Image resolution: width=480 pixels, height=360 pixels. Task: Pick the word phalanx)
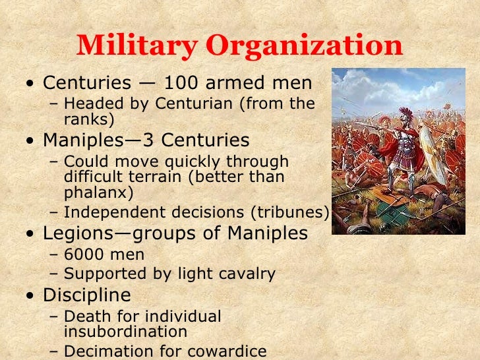point(98,194)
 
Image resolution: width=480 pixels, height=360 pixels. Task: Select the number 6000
point(89,255)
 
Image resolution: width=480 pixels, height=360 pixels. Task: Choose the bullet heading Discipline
point(86,295)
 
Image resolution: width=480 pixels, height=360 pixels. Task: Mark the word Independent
point(107,212)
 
